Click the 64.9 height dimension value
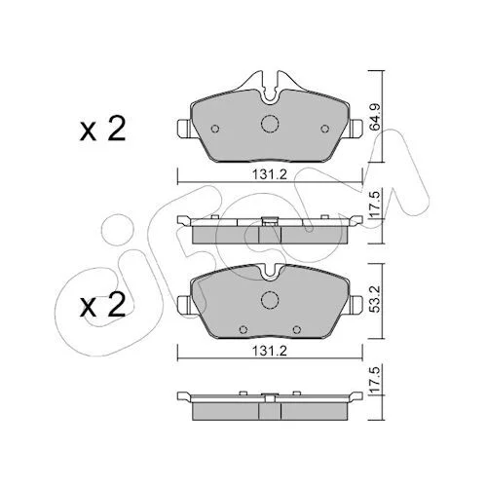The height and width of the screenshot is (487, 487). point(376,117)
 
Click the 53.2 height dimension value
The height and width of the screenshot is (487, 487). point(376,299)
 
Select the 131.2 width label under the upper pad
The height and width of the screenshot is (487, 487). point(270,175)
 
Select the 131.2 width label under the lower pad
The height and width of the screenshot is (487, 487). point(270,351)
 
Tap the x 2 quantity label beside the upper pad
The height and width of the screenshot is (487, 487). point(102,130)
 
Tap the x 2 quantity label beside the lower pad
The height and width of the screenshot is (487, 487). point(102,304)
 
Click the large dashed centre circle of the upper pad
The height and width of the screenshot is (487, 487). point(270,124)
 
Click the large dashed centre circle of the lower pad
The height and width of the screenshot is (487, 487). point(270,299)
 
